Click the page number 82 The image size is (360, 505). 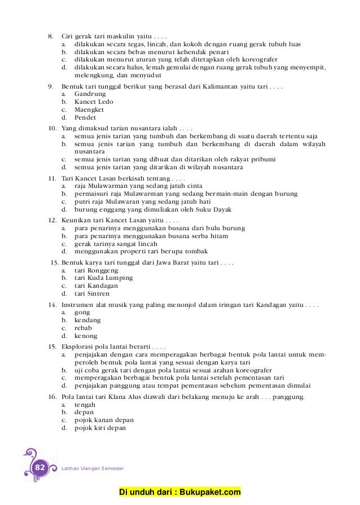tap(39, 468)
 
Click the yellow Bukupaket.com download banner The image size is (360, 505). tap(180, 493)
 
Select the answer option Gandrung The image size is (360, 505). tap(90, 94)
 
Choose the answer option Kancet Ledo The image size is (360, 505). tap(94, 102)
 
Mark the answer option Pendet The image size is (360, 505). tap(85, 118)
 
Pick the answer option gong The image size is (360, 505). tap(82, 312)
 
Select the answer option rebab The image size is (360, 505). tap(83, 328)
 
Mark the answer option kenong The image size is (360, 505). tap(85, 336)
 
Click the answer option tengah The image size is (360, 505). tap(85, 405)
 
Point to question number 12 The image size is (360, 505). tap(51, 220)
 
